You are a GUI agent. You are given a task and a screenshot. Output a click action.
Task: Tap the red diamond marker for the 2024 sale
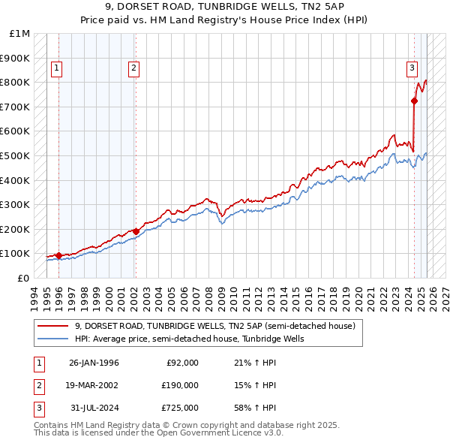[414, 100]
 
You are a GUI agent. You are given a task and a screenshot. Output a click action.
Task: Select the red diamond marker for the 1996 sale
[58, 255]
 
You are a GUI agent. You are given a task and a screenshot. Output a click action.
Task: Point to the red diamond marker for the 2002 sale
[136, 231]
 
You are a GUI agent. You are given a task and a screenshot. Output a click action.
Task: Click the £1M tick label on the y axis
[19, 33]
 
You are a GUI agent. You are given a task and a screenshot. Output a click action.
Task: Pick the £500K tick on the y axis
[15, 155]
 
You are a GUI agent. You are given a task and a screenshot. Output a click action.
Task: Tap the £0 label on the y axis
[22, 278]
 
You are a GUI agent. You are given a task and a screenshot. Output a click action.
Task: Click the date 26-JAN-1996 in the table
[94, 363]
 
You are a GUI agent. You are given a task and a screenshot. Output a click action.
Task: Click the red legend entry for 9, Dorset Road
[219, 327]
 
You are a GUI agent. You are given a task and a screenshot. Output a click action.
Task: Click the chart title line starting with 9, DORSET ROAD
[225, 7]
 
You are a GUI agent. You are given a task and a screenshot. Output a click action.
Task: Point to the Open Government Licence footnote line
[158, 432]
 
